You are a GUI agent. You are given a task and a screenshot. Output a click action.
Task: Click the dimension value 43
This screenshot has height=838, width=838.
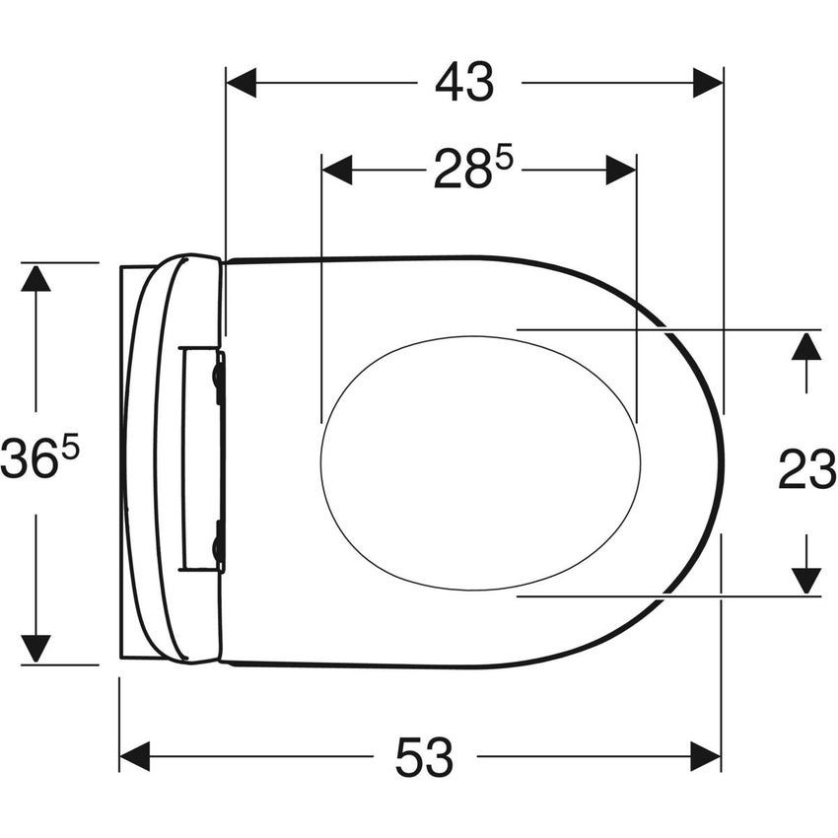(x=463, y=83)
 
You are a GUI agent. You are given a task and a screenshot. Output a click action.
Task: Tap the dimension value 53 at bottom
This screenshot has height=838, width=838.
(x=425, y=757)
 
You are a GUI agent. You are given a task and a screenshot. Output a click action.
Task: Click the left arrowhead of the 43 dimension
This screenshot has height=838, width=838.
(x=242, y=83)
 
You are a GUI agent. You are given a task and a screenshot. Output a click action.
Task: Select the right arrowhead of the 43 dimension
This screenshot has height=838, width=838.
(x=708, y=83)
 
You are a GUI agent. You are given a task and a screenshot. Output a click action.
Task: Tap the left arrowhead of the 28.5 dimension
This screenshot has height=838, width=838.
(x=337, y=170)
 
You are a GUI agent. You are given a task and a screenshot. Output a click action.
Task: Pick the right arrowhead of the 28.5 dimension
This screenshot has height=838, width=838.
(x=621, y=170)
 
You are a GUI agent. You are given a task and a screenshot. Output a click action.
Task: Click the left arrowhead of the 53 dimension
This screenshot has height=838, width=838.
(x=134, y=757)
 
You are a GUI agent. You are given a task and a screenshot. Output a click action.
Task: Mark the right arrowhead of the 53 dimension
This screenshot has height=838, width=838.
(x=706, y=757)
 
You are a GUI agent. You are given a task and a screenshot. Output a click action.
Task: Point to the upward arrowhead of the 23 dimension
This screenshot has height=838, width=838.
(x=806, y=346)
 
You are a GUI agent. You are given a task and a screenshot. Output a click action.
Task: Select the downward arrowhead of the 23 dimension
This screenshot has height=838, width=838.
(x=806, y=580)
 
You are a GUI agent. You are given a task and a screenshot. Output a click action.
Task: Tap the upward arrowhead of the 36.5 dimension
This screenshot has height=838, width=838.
(x=35, y=278)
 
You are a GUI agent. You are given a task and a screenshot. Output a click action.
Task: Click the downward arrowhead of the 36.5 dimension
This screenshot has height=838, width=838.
(x=35, y=648)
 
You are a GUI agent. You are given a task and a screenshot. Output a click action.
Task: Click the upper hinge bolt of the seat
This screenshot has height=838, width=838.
(x=218, y=378)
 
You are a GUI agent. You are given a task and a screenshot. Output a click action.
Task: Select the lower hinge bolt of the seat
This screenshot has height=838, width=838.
(x=218, y=546)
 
